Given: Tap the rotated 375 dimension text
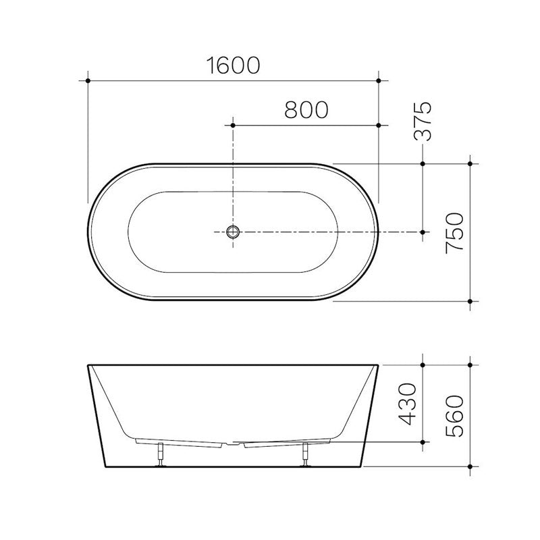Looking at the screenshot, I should (x=423, y=122).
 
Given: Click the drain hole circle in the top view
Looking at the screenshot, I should (x=233, y=232).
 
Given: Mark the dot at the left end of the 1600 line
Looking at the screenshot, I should (x=88, y=81).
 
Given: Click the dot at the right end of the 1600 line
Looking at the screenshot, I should (x=379, y=81).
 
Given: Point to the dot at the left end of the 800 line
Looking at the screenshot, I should (x=233, y=126).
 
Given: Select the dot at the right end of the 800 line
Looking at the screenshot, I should (x=379, y=126).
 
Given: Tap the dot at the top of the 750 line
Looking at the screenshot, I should (x=470, y=163).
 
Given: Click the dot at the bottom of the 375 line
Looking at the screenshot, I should (x=423, y=232).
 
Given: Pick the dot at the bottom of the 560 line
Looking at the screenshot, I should (x=470, y=466).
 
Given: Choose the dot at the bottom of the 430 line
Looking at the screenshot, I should (x=423, y=443).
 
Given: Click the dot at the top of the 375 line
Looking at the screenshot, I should (x=423, y=163).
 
